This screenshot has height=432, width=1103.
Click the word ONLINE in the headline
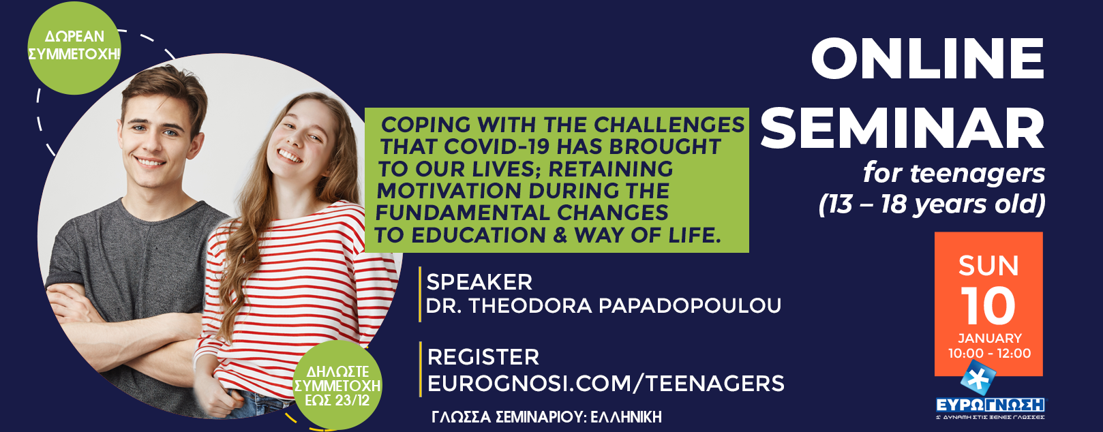(x=928, y=59)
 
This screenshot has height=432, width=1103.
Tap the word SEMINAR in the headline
(x=903, y=128)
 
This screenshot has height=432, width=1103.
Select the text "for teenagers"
(x=954, y=174)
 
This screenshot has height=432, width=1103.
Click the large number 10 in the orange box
(x=988, y=306)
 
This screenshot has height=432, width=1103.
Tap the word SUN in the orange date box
(x=988, y=266)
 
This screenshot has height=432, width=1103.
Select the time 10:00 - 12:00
(x=989, y=353)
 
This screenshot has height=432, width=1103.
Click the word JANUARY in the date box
(x=990, y=339)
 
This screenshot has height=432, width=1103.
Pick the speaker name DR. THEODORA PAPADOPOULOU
(x=603, y=305)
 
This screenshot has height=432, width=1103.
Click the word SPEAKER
(x=479, y=282)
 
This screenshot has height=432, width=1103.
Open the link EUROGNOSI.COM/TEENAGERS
(x=605, y=384)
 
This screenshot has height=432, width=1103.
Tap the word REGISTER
(x=483, y=357)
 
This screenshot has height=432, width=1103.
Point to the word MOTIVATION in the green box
(x=448, y=191)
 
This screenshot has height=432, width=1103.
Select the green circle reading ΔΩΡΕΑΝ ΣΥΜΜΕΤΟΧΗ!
(x=74, y=48)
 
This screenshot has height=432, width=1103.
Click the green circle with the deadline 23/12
(x=337, y=386)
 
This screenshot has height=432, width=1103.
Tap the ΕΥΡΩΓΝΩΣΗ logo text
(x=991, y=405)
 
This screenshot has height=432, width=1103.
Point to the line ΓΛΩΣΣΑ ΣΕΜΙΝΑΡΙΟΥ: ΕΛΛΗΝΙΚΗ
(x=547, y=417)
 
